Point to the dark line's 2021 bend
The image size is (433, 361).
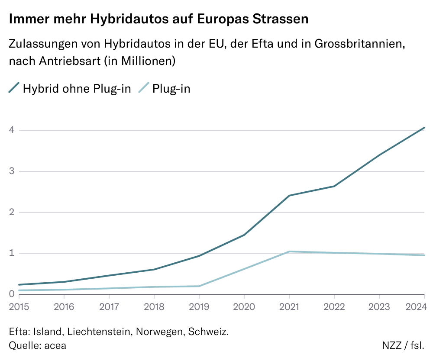coord(289,196)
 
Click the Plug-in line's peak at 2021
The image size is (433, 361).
coord(289,251)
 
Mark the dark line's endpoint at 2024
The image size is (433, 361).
coord(424,128)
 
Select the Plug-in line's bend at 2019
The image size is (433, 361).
coord(199,286)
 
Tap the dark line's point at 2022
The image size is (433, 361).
coord(334,186)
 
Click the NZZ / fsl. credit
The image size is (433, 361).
coord(403,345)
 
